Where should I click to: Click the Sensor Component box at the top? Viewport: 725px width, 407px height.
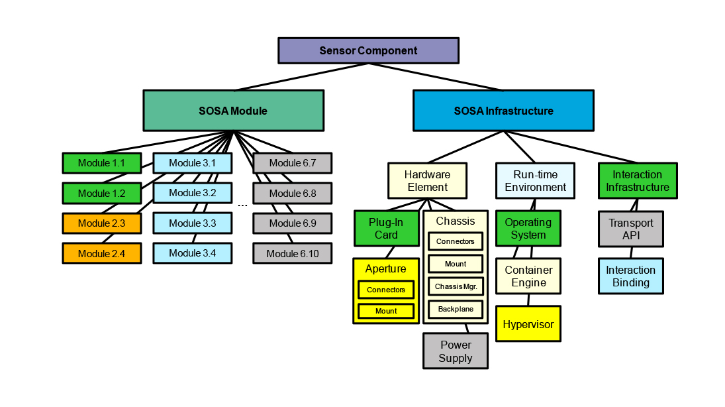click(x=368, y=50)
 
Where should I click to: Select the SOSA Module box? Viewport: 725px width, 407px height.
click(x=233, y=111)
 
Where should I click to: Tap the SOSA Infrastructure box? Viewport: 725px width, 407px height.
click(x=503, y=111)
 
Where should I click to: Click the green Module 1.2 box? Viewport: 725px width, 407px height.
click(x=101, y=193)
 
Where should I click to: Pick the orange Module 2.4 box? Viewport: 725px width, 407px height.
click(x=101, y=253)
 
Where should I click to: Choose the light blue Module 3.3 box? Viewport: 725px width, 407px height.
click(x=193, y=223)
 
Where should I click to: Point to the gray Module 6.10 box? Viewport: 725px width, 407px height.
click(x=292, y=253)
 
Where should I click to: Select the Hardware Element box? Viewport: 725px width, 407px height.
click(x=427, y=181)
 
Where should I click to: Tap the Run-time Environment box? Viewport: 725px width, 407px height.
click(x=535, y=181)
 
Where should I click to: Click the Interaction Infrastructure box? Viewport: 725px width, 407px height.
click(x=637, y=181)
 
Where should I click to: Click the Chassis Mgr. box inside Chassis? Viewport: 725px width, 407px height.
click(x=455, y=286)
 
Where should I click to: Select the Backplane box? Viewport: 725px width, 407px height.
click(x=455, y=309)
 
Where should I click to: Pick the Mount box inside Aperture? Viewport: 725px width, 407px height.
click(x=386, y=311)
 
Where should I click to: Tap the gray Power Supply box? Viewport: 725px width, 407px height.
click(x=456, y=351)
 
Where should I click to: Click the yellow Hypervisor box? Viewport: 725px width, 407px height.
click(x=528, y=324)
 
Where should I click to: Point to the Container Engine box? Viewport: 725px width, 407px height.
click(x=528, y=276)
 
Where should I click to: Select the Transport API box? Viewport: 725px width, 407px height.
click(x=630, y=229)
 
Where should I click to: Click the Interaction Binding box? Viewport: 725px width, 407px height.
click(x=630, y=276)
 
